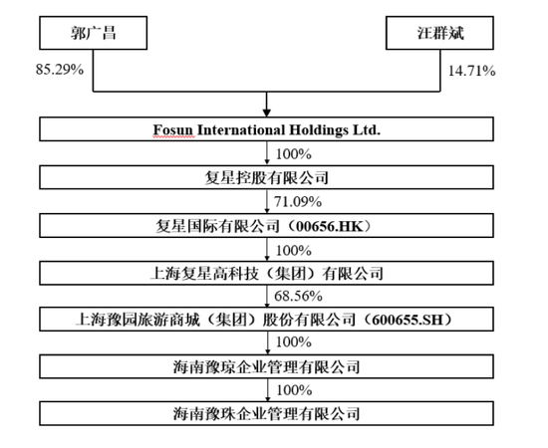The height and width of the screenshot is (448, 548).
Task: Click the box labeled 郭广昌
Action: (x=93, y=33)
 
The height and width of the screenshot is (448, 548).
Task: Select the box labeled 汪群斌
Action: (x=439, y=33)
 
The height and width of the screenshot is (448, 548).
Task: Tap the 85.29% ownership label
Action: (x=60, y=69)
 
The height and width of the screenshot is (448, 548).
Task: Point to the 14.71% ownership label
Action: (x=472, y=71)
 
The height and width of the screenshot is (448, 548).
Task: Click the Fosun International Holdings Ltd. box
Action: (x=266, y=129)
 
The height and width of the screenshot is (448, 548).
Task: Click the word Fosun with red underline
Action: (x=173, y=129)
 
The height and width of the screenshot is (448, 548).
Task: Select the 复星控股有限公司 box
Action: (x=266, y=177)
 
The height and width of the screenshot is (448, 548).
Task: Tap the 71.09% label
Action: (x=298, y=202)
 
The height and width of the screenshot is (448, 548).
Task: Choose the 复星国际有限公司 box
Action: (x=266, y=226)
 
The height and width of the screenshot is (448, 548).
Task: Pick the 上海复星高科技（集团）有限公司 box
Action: (x=266, y=273)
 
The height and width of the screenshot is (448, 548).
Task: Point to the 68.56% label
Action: (x=298, y=296)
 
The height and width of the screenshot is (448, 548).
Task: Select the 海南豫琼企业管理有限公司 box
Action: (x=266, y=366)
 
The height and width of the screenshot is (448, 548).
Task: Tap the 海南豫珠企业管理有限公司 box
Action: (x=266, y=413)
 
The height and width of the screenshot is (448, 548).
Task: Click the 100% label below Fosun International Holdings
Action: (x=294, y=154)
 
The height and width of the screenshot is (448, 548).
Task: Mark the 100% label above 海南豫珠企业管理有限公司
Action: (x=294, y=390)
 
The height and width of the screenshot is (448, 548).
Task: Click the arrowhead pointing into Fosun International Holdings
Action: (x=267, y=112)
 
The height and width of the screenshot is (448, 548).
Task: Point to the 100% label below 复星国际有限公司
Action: (x=294, y=251)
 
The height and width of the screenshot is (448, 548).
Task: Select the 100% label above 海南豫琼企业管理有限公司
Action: (x=294, y=341)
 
